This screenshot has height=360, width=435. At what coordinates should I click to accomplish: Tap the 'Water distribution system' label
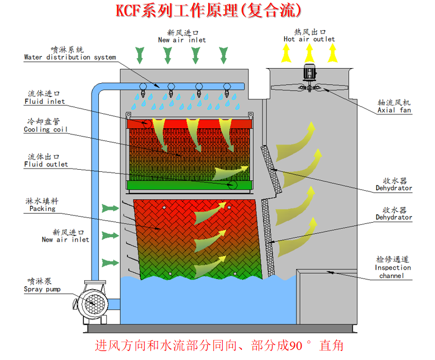coord(70,53)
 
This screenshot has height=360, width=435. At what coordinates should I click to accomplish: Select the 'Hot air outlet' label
coord(309,36)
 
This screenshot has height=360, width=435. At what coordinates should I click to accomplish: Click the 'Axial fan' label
coord(394,107)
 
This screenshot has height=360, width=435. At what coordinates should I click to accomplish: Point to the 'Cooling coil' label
coord(45,126)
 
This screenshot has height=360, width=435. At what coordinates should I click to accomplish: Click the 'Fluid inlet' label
coord(44,98)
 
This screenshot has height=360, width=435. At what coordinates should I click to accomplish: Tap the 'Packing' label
coord(42,205)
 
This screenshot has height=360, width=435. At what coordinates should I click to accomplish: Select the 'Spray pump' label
coord(42,285)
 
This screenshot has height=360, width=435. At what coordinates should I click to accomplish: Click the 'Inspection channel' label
coord(393,267)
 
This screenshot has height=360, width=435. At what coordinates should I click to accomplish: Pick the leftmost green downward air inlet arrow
coord(140,55)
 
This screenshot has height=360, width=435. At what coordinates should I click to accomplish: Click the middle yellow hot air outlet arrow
coord(309,52)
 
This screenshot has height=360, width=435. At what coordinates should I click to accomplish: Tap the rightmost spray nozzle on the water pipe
coord(227,90)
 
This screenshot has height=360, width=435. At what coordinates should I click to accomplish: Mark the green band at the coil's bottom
coord(190,185)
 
